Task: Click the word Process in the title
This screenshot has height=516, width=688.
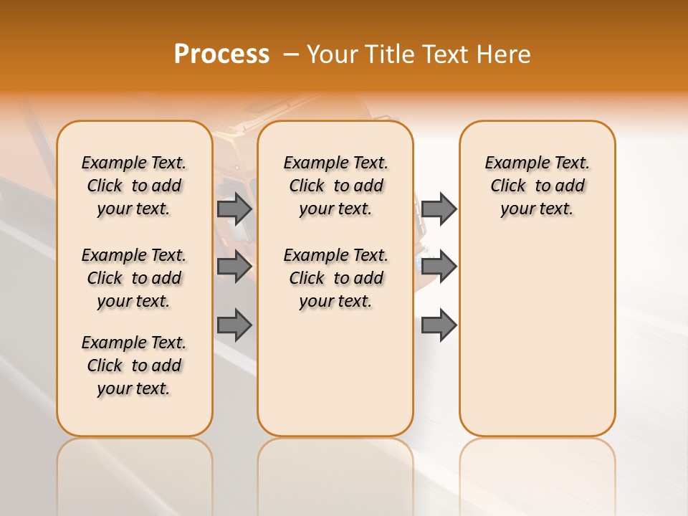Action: pos(221,54)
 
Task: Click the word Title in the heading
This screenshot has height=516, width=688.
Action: pos(391,54)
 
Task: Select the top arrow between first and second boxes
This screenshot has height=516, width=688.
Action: pos(234,209)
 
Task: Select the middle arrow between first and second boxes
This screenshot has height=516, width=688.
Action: pos(234,267)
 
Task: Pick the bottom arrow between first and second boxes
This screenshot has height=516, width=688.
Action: pos(234,325)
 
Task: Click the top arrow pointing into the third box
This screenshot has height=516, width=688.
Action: pos(439,209)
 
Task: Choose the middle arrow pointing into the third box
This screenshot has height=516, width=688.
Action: pos(439,267)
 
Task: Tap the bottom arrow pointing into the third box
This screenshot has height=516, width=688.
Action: pos(439,325)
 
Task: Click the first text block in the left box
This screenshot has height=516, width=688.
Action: pos(134,186)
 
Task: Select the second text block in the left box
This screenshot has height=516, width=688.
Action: pos(134,278)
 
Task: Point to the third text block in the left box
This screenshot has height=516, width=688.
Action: pos(134,365)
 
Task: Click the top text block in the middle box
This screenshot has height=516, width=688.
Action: pos(335,186)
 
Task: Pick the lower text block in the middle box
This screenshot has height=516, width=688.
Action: pos(335,278)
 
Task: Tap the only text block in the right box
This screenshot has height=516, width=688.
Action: pos(537,186)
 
